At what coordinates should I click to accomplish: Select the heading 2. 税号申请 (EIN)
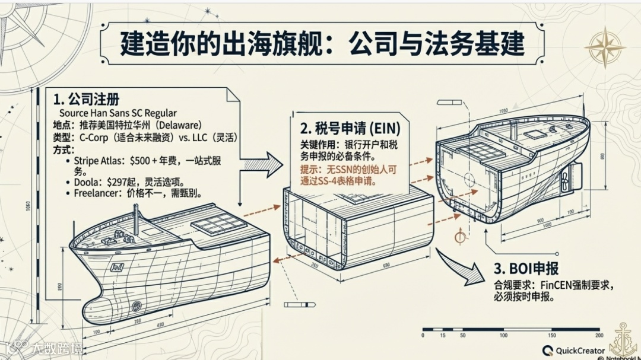pos(350,128)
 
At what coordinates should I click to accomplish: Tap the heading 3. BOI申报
pos(526,269)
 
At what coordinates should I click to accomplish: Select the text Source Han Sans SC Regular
pos(118,113)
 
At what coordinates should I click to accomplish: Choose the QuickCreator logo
pos(573,351)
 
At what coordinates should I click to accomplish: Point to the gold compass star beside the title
pos(605,47)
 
